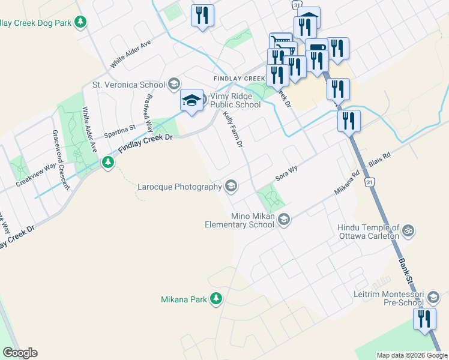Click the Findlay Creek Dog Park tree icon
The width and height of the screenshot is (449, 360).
81,23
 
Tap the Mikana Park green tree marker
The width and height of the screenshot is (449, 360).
216,298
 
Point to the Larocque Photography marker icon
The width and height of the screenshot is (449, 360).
231,187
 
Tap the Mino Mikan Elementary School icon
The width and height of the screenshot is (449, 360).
284,221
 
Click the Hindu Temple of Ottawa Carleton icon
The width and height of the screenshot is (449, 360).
408,229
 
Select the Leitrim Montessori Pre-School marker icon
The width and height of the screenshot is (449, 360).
433,296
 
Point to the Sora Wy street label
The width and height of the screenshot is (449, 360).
286,173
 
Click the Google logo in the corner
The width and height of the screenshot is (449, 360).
20,353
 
